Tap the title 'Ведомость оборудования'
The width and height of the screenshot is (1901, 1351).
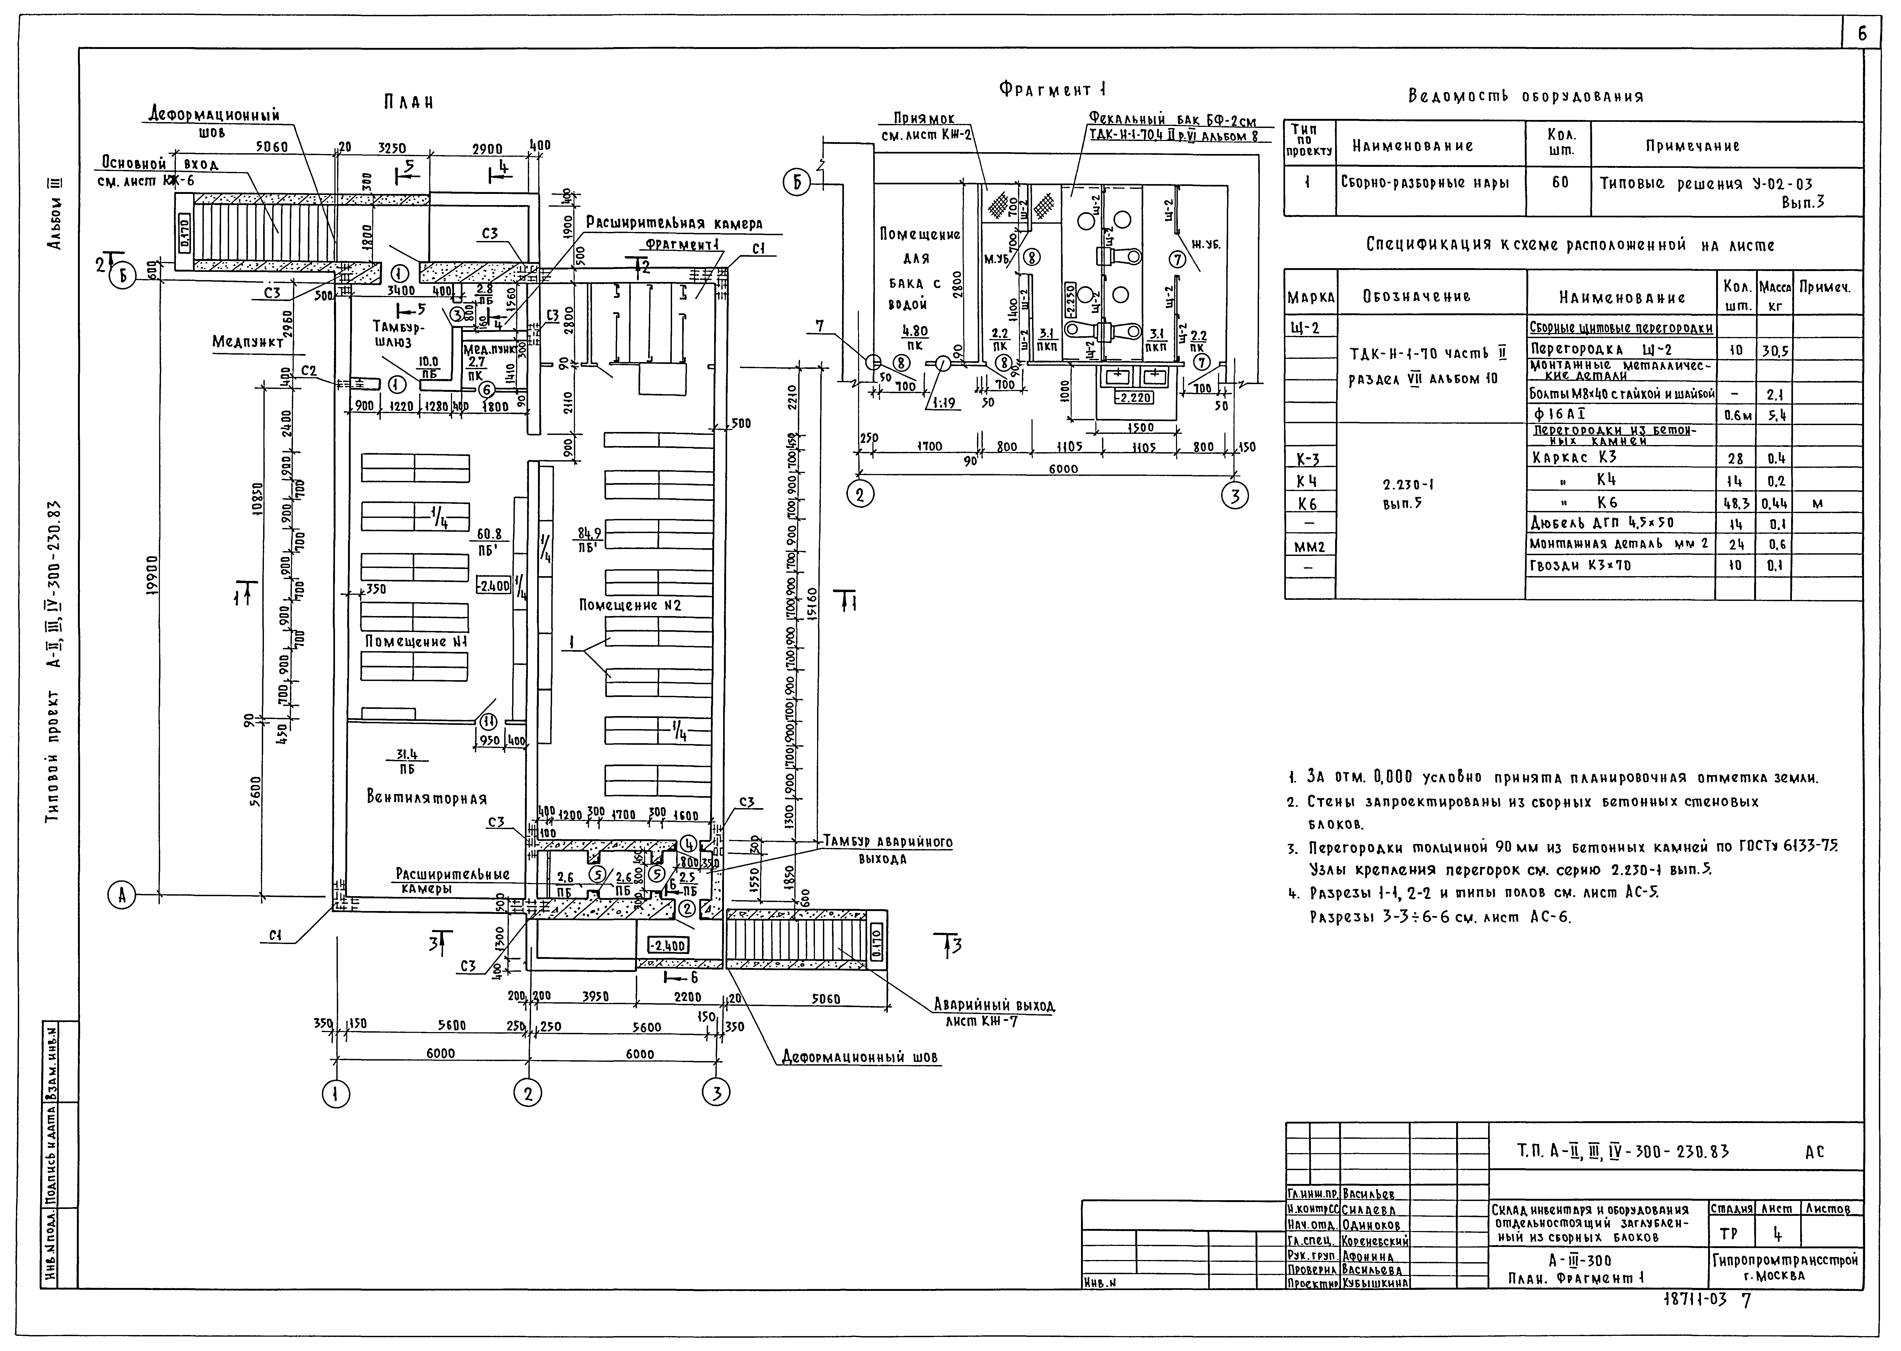pyautogui.click(x=1525, y=97)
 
